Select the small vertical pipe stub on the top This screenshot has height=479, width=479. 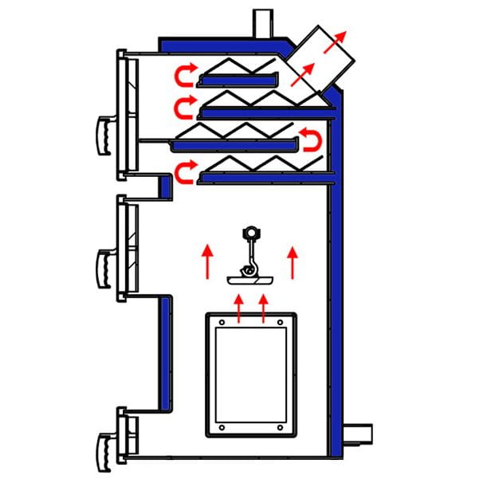263,22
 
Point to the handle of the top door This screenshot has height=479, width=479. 104,134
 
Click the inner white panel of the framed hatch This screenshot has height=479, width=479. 250,375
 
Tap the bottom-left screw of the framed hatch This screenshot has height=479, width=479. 221,428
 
